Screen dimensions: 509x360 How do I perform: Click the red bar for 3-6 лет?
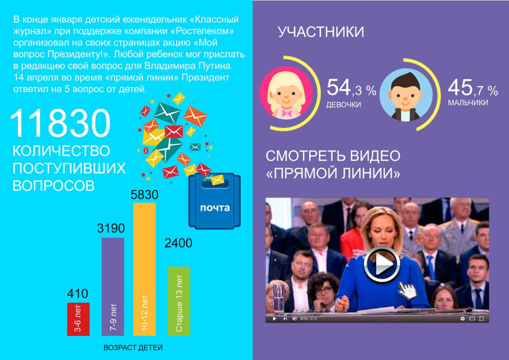pos(78,319)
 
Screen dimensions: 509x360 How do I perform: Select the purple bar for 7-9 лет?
pos(113,287)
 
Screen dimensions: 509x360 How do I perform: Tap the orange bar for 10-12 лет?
pos(144,269)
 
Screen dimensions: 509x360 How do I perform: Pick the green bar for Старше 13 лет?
pos(179,301)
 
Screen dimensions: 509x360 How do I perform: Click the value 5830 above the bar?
pos(144,195)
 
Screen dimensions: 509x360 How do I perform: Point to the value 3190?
pos(111,229)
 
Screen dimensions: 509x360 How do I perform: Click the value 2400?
pos(178,243)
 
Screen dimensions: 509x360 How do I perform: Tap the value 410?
pos(78,294)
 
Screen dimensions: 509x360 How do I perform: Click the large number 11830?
pos(61,123)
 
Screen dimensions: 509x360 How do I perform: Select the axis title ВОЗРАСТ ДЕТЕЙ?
pos(133,348)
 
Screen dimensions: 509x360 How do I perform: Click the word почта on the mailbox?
pos(214,207)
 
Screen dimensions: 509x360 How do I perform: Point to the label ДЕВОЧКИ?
pos(344,105)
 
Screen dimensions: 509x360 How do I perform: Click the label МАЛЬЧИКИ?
pos(468,103)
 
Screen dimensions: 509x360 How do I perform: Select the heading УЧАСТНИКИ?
pos(320,32)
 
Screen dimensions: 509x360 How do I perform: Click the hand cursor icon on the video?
pos(407,290)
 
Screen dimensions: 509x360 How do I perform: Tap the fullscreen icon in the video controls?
pos(482,319)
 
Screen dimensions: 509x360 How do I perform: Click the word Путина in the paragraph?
pos(215,66)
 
